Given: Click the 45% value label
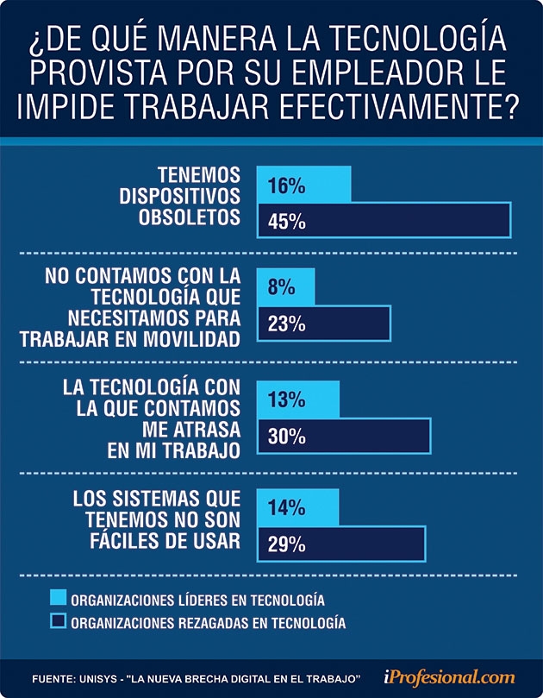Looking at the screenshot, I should (287, 221).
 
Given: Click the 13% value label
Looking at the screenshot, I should (286, 400).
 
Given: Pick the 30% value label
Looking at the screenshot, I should (287, 437).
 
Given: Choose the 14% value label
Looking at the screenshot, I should (286, 507).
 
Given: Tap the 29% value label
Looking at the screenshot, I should (287, 544).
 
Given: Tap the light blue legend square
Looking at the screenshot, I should (59, 597).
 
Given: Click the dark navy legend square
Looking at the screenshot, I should (59, 620).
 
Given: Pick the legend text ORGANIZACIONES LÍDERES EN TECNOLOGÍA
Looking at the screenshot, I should (197, 598).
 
